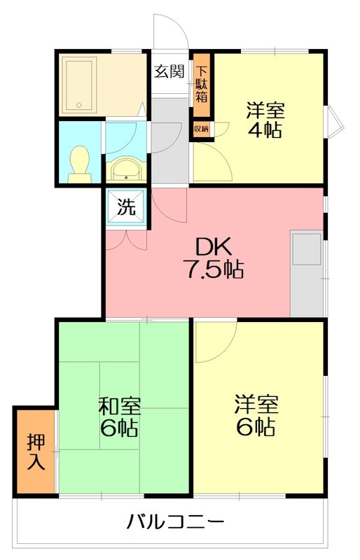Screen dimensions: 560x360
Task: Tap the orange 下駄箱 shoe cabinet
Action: click(x=201, y=84)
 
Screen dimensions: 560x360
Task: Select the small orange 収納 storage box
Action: click(x=201, y=129)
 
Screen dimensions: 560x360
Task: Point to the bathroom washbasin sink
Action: click(x=125, y=169)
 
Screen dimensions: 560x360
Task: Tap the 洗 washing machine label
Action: click(x=125, y=206)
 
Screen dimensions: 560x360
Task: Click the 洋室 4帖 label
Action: click(x=264, y=120)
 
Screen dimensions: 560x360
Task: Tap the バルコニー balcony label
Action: click(x=175, y=521)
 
